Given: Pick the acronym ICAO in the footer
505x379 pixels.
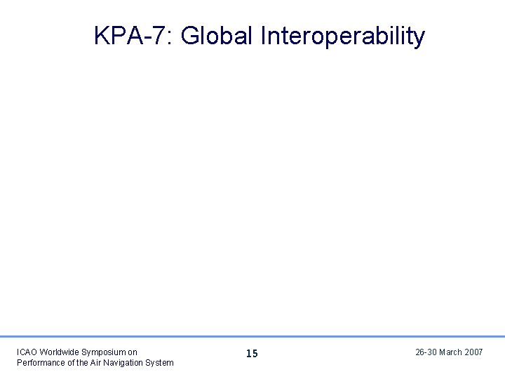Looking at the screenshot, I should pyautogui.click(x=27, y=352).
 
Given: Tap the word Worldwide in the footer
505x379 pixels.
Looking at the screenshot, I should pyautogui.click(x=60, y=352).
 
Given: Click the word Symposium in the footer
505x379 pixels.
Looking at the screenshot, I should pyautogui.click(x=105, y=352).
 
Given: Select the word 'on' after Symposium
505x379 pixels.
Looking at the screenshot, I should pyautogui.click(x=133, y=352).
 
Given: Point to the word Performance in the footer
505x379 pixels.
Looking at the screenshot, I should pyautogui.click(x=38, y=362).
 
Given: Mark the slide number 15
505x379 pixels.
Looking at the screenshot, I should pyautogui.click(x=252, y=354).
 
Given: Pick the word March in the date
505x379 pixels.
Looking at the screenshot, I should pyautogui.click(x=451, y=352).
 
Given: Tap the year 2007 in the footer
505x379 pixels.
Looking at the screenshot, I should pyautogui.click(x=474, y=352).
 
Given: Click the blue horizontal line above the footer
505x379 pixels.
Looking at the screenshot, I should pyautogui.click(x=252, y=336).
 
